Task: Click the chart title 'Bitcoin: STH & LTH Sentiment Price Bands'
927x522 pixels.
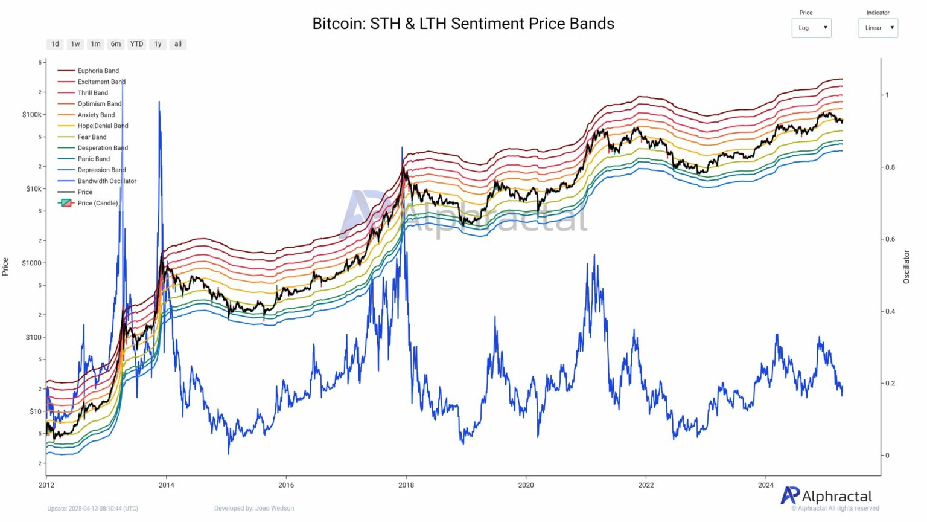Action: click(x=463, y=24)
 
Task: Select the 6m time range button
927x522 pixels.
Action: click(x=115, y=44)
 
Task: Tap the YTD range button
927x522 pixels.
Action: click(x=137, y=44)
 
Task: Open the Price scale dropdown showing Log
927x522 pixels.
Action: click(x=811, y=28)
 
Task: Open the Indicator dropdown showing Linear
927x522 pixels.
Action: click(x=878, y=28)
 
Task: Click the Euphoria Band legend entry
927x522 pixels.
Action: click(x=98, y=71)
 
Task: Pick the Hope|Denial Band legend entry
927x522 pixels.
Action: click(x=103, y=126)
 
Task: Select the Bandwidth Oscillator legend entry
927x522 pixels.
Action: click(x=107, y=181)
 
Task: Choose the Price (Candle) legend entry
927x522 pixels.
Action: click(x=97, y=203)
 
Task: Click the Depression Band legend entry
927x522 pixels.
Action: click(x=101, y=170)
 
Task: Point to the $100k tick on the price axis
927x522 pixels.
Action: click(x=32, y=115)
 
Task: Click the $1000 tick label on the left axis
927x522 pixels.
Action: click(x=32, y=263)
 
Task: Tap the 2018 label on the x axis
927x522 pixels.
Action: click(x=406, y=485)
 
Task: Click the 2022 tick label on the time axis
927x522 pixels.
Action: click(x=646, y=485)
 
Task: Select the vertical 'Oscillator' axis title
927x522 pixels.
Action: click(x=906, y=266)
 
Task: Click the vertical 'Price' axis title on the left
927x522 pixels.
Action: click(x=5, y=266)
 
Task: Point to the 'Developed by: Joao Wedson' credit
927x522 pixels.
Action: click(x=254, y=508)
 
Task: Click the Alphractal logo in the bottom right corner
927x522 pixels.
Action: click(x=826, y=496)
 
